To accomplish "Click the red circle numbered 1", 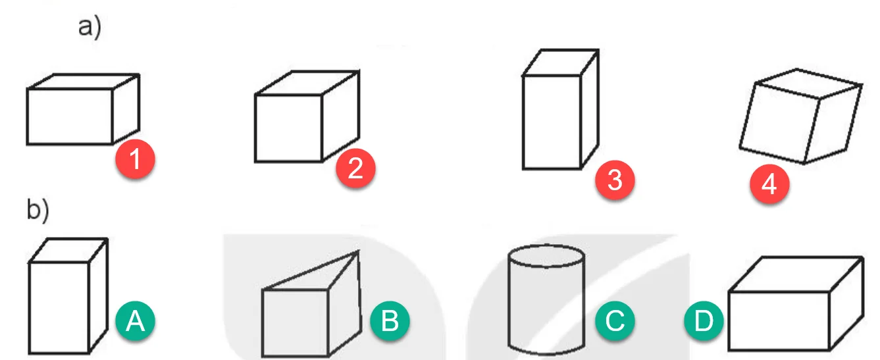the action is coord(135,159).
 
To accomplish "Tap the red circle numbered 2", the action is coord(355,168).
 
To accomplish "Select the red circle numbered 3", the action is coord(615,180).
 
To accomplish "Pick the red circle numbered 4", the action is coord(769,184).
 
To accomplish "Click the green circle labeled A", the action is coord(135,321).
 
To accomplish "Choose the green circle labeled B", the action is coord(390,321).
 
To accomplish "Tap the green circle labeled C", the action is coord(615,321).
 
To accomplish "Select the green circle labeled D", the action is coord(704,321).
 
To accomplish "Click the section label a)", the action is coord(90,28).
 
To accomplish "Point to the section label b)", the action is coord(38,209).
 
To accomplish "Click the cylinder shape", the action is coord(546,300).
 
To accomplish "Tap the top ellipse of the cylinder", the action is coord(546,256).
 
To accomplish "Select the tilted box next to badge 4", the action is coord(800,116).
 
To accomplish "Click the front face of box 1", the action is coord(70,116).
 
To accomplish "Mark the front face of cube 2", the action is coord(288,128).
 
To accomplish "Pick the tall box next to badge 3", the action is coord(561,109).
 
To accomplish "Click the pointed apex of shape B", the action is coord(358,251).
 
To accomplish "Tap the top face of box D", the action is coord(796,274).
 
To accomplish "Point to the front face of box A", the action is coord(59,308).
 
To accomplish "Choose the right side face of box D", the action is coord(846,303).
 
